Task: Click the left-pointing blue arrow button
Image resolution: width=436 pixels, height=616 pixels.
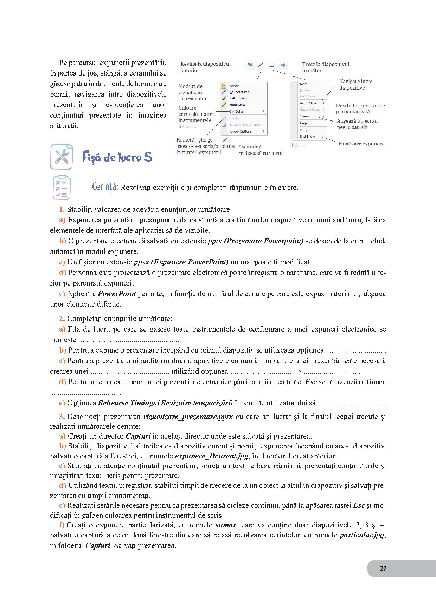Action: pyautogui.click(x=250, y=65)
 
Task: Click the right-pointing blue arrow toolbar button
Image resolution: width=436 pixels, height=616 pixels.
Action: pyautogui.click(x=283, y=65)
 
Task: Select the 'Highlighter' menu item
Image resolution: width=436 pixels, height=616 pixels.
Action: pyautogui.click(x=238, y=105)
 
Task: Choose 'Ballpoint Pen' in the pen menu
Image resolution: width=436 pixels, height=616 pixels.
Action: pyautogui.click(x=239, y=92)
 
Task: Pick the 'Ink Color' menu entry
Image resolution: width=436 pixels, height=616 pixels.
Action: pyautogui.click(x=237, y=112)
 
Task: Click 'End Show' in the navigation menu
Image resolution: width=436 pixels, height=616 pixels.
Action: pyautogui.click(x=307, y=136)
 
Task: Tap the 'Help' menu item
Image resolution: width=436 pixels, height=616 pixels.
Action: pyautogui.click(x=303, y=123)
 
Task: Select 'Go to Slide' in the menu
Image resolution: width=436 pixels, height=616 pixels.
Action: pyautogui.click(x=308, y=103)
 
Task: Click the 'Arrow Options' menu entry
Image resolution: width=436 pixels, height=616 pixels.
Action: pyautogui.click(x=241, y=132)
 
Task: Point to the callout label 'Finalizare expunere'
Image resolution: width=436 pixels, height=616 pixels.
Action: pyautogui.click(x=361, y=144)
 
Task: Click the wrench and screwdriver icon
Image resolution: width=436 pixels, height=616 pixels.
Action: pyautogui.click(x=62, y=157)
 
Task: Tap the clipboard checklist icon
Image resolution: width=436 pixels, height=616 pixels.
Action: pyautogui.click(x=62, y=188)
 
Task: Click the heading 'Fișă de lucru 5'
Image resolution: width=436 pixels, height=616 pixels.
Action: pyautogui.click(x=117, y=157)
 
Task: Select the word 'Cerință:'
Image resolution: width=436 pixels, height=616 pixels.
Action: pyautogui.click(x=105, y=187)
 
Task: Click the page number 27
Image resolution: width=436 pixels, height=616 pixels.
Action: pyautogui.click(x=383, y=569)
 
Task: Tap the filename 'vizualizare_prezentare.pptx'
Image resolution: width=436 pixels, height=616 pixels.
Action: pyautogui.click(x=188, y=417)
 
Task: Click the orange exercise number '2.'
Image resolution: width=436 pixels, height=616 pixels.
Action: pyautogui.click(x=62, y=319)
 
